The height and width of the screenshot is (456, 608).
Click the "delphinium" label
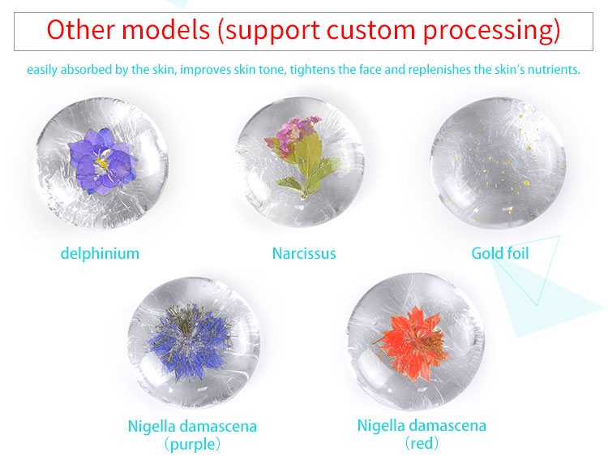[100, 253]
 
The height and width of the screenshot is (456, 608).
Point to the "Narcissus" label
[304, 253]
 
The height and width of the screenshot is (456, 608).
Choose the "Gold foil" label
[500, 253]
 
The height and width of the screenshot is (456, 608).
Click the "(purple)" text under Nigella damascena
[192, 444]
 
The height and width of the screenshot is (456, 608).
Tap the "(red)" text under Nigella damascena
[422, 444]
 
